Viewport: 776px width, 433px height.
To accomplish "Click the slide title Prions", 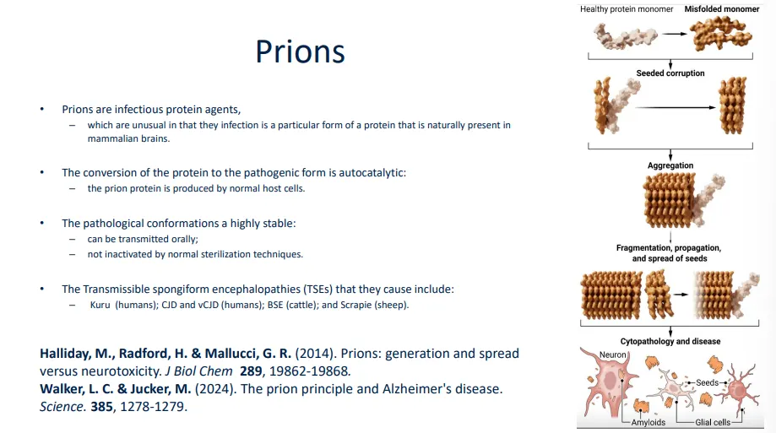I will [300, 52].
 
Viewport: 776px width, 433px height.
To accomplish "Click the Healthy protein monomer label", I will [626, 9].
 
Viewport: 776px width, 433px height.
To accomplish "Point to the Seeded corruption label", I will [670, 73].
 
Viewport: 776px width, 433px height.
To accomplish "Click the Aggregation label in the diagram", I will [670, 165].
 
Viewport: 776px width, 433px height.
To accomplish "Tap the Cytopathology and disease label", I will [670, 341].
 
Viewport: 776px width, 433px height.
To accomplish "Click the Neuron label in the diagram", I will [612, 355].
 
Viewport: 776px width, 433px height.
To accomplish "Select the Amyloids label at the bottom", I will [649, 423].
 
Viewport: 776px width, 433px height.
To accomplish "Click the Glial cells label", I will [713, 423].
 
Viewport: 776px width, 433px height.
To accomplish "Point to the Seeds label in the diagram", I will [707, 382].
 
